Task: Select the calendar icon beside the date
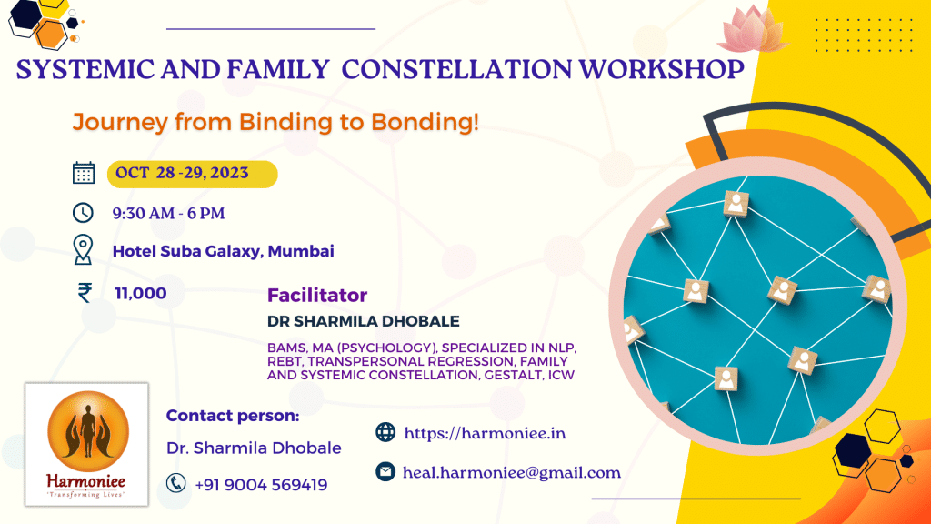[83, 173]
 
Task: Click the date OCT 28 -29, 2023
[182, 173]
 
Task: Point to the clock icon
[83, 213]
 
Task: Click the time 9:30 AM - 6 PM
[168, 214]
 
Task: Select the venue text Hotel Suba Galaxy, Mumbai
[223, 251]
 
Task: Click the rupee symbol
[85, 292]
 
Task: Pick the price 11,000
[141, 293]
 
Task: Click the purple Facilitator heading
[316, 296]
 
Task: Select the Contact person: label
[233, 416]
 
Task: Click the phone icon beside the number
[175, 483]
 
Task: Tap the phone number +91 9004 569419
[261, 484]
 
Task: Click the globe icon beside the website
[385, 432]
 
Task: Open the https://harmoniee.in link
[485, 433]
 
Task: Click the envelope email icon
[385, 472]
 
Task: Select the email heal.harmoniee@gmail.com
[512, 472]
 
